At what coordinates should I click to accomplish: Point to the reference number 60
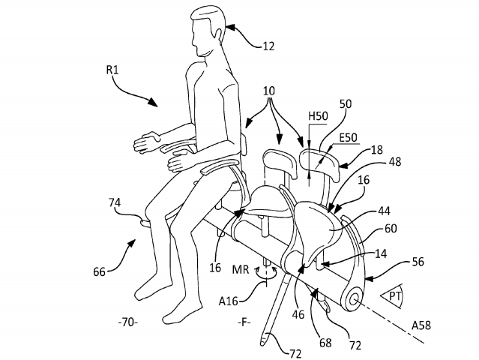(x=391, y=229)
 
